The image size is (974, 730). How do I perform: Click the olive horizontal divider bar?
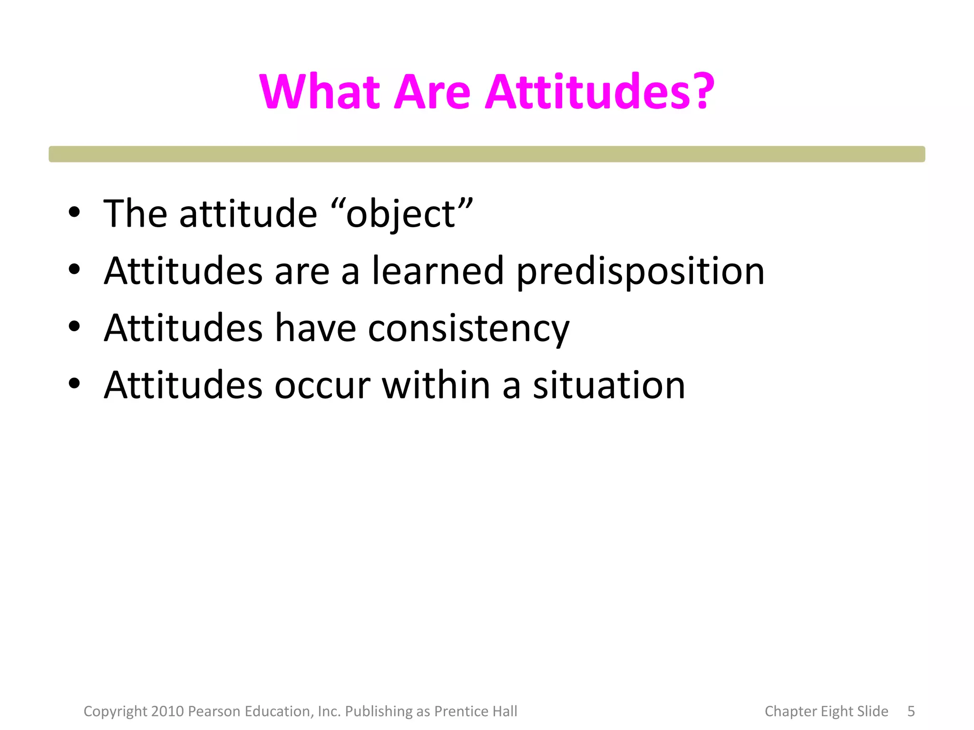pos(487,154)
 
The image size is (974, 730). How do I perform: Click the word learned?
pos(438,271)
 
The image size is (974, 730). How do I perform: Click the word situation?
pos(609,385)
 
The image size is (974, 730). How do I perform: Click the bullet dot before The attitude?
pos(74,212)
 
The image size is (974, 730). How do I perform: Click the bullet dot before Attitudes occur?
pos(74,383)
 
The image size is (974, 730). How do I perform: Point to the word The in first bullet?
pos(135,214)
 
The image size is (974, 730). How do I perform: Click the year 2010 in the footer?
pos(167,711)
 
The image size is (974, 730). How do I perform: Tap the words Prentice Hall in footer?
pos(476,711)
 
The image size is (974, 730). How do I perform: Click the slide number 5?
pos(911,711)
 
